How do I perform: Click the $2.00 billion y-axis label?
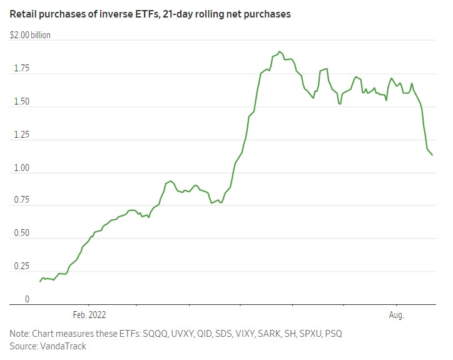(x=30, y=35)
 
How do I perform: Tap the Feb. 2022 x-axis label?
(x=89, y=315)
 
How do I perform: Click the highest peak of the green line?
(x=280, y=51)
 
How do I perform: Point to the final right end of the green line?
(x=432, y=155)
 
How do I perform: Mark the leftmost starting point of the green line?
(x=40, y=281)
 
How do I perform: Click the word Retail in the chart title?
(x=23, y=14)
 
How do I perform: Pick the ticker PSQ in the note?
(x=333, y=333)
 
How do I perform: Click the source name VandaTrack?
(x=63, y=346)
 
